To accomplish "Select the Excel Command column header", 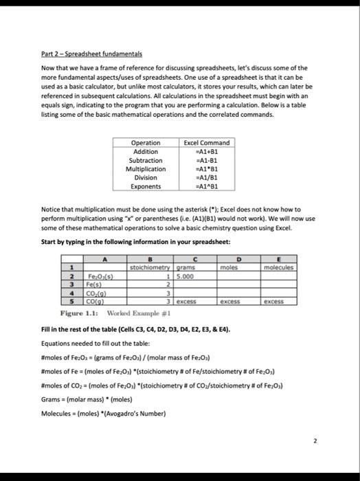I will tap(207, 142).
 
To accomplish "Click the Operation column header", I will tap(146, 142).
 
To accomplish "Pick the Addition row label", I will tap(146, 151).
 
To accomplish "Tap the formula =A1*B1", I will tap(207, 168).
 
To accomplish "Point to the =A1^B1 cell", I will tap(207, 186).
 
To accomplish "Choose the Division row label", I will tap(146, 177).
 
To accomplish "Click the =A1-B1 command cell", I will tap(207, 160).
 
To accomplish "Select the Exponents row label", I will tap(146, 186).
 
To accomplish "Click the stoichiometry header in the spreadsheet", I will tap(150, 267).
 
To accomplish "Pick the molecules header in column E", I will tap(277, 267).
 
